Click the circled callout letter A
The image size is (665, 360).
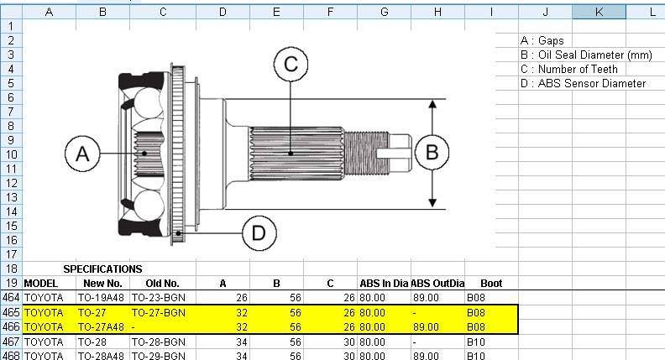coord(82,154)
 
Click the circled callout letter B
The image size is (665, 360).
coord(432,153)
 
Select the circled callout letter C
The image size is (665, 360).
coord(291,64)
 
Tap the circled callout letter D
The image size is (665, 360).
coord(259,232)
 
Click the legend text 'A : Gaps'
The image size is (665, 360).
coord(542,40)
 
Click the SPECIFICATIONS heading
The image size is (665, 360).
coord(102,269)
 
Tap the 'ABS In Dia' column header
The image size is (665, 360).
coord(384,284)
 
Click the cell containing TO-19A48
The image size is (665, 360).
coord(101,298)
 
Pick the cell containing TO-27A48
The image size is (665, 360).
coord(101,326)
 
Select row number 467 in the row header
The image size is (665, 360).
coord(11,341)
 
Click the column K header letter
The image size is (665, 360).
coord(599,12)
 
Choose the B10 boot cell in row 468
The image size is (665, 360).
coord(476,355)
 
